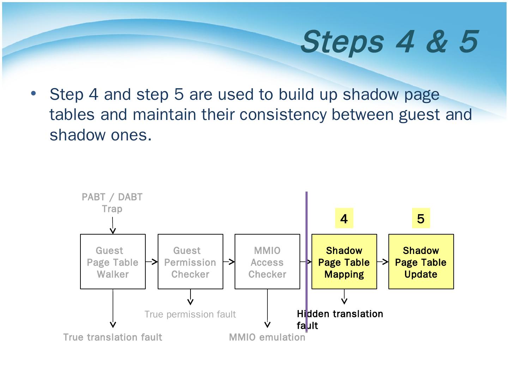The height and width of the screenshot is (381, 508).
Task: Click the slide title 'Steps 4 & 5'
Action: click(x=389, y=41)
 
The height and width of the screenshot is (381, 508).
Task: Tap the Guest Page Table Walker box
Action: click(x=113, y=262)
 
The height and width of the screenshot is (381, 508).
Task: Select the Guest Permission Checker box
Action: click(x=190, y=262)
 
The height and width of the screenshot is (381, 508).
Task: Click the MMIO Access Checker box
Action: click(x=267, y=262)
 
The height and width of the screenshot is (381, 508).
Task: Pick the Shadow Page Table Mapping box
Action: click(x=344, y=262)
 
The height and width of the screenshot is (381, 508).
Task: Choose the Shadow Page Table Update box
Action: click(x=421, y=262)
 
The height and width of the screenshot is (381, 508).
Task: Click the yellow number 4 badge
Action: click(x=344, y=219)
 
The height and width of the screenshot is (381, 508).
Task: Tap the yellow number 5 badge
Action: click(x=421, y=219)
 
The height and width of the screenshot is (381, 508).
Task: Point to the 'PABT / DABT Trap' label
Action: click(x=112, y=202)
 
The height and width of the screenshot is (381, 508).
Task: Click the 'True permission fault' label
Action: click(x=190, y=314)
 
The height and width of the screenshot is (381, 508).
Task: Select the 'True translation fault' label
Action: click(x=113, y=337)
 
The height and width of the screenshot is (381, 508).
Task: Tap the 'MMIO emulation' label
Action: click(x=267, y=337)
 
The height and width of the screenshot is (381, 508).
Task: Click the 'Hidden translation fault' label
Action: click(x=340, y=319)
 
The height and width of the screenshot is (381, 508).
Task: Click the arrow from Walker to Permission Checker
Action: click(x=152, y=262)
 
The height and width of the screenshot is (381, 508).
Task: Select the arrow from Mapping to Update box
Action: click(x=383, y=262)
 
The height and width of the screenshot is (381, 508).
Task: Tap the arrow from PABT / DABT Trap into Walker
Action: click(x=113, y=226)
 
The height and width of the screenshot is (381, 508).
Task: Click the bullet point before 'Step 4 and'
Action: click(x=34, y=94)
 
